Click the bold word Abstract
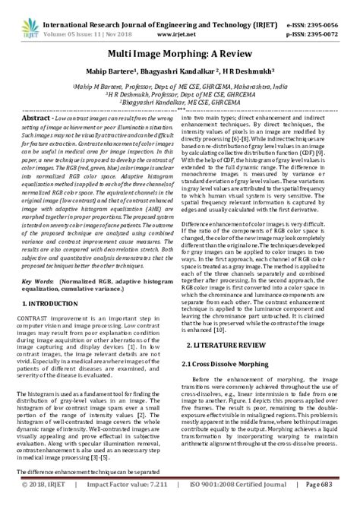(36, 119)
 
